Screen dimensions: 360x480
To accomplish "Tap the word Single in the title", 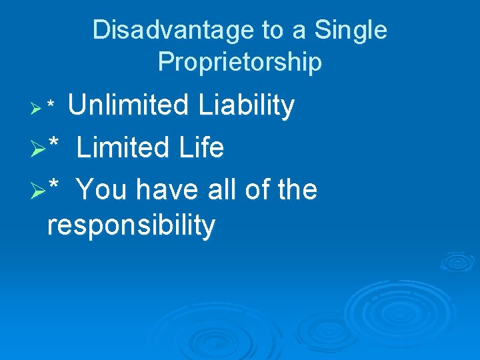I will click(x=351, y=31).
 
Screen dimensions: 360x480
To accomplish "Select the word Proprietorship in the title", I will click(x=240, y=62).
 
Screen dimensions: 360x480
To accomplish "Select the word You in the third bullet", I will click(x=101, y=190).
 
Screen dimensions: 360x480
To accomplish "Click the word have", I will click(x=166, y=190).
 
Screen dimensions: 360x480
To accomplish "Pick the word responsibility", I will click(x=131, y=226).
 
